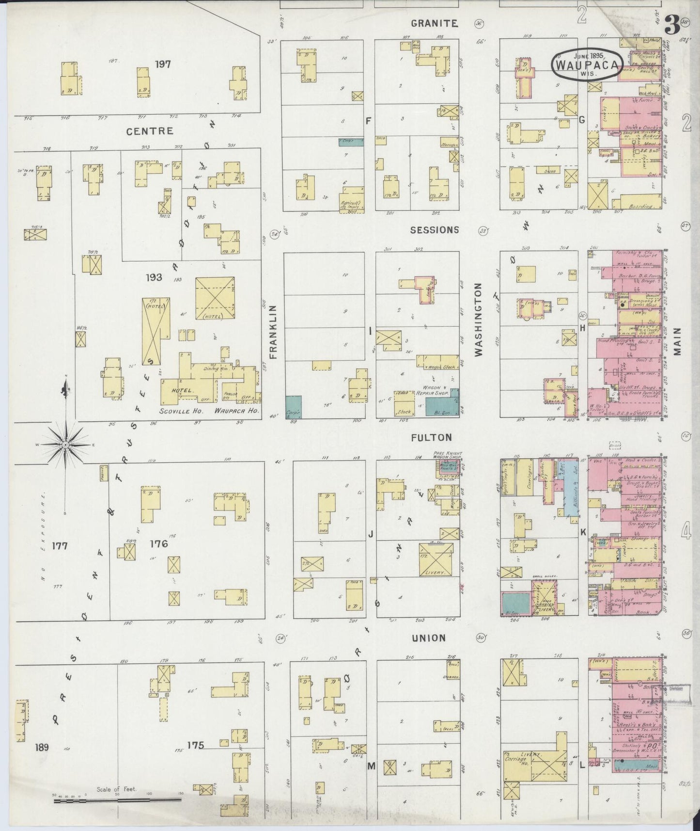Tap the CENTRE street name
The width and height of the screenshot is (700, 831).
tap(150, 131)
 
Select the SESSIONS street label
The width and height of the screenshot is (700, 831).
tap(434, 230)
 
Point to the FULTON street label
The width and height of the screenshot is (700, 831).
tap(431, 437)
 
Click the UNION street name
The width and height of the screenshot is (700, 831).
tap(429, 638)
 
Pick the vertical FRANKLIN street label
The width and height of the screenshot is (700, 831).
tap(273, 332)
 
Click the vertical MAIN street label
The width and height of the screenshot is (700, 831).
tap(677, 341)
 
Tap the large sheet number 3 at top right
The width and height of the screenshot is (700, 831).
tap(671, 24)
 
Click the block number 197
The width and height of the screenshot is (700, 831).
tap(163, 64)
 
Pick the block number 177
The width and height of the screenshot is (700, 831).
tap(60, 546)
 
